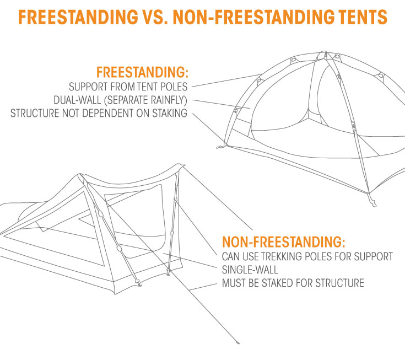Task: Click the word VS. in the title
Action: point(155,17)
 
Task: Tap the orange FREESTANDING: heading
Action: point(142,72)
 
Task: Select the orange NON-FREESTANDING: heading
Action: point(284,242)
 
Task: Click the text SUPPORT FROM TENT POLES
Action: point(128,87)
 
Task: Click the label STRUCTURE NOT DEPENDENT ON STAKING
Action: point(99,113)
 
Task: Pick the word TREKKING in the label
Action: point(278,256)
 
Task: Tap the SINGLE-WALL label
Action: point(250,270)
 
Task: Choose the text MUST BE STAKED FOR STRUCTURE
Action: point(293,283)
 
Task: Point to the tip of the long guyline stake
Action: point(238,343)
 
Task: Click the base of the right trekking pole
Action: point(169,272)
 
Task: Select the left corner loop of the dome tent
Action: point(220,147)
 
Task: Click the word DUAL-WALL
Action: point(77,100)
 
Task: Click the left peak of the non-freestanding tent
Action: point(80,175)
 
